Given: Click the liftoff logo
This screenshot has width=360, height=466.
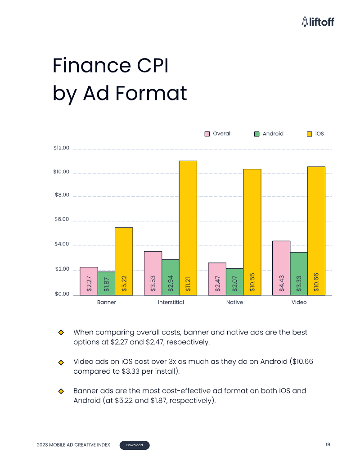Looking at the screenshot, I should (x=318, y=21).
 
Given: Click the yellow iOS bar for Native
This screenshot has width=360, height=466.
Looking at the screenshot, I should (x=252, y=231).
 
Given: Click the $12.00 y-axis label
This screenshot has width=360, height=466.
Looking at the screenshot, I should (x=61, y=148).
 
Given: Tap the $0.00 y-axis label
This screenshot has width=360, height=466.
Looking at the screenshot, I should (x=61, y=294).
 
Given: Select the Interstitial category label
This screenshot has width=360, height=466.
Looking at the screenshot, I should (x=171, y=302).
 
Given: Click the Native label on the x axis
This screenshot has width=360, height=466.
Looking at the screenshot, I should (x=234, y=302).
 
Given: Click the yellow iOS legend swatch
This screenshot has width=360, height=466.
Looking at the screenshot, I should (x=309, y=134).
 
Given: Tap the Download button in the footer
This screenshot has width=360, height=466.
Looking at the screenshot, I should (x=135, y=445).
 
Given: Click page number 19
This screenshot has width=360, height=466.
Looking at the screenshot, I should (x=328, y=445).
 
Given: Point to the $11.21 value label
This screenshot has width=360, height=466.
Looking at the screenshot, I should (x=188, y=284).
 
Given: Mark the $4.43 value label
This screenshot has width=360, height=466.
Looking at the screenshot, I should (x=281, y=284).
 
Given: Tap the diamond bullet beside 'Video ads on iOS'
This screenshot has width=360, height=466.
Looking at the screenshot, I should (x=61, y=362).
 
